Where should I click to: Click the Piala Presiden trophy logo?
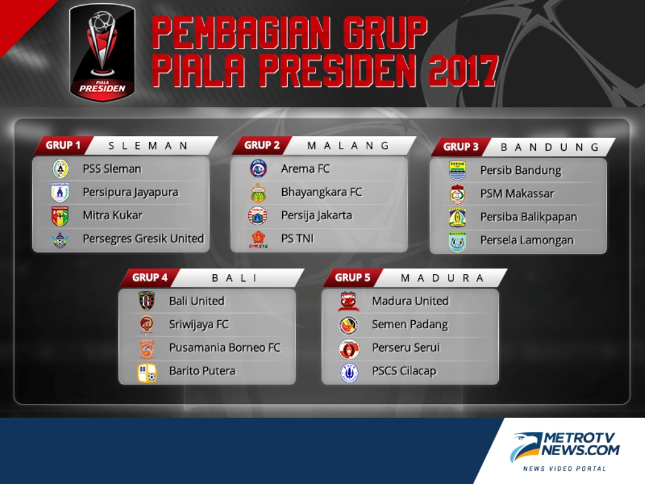point(102,53)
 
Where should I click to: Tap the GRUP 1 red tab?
point(64,146)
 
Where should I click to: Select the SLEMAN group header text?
point(148,146)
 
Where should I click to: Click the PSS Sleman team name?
point(112,169)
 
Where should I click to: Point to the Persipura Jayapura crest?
point(60,192)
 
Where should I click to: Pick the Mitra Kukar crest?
point(60,216)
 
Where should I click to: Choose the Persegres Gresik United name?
point(143,239)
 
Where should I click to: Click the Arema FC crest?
point(258,169)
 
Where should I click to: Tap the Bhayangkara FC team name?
point(321,192)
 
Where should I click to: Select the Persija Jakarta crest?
point(258,216)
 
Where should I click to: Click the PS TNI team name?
point(297,239)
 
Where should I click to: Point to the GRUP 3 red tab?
point(460,147)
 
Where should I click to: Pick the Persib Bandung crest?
point(457,170)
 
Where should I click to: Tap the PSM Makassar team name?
point(517,194)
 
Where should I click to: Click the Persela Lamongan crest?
point(457,241)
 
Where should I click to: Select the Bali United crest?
point(146,301)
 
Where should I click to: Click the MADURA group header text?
point(442,278)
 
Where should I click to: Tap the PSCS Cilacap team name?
point(404,371)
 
